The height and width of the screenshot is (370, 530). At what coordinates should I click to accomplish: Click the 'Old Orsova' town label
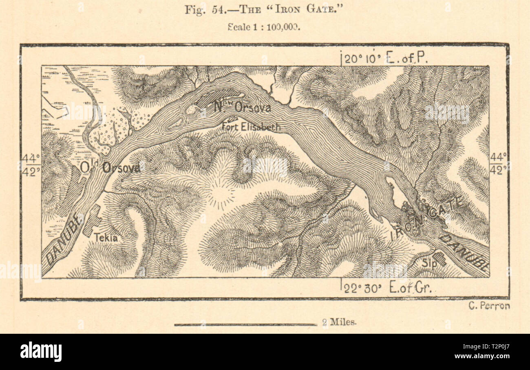tap(110, 167)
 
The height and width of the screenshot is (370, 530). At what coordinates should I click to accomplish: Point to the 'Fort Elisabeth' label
tap(251, 127)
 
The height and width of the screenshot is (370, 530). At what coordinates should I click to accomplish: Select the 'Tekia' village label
tap(105, 238)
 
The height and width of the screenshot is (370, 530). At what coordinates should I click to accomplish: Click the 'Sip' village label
tap(426, 263)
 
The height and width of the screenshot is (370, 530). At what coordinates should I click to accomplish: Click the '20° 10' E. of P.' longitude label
tap(384, 59)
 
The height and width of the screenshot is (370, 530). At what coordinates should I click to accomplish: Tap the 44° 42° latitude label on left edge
tap(31, 164)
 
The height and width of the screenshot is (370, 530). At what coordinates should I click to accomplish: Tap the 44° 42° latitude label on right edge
tap(498, 164)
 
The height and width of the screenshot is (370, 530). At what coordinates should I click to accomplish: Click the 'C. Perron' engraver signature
tap(489, 306)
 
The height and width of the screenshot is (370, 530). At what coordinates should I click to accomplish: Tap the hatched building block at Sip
tap(439, 258)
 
